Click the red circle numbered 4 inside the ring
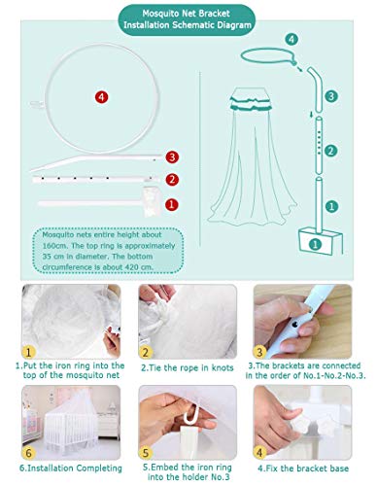(x=102, y=97)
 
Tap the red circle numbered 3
(x=172, y=157)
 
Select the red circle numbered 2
(x=172, y=180)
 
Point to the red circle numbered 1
(x=172, y=204)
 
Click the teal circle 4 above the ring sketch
(x=291, y=39)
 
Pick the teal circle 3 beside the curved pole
(x=331, y=96)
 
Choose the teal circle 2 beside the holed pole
(x=330, y=151)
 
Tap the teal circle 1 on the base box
(x=316, y=244)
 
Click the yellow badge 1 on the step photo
(x=29, y=352)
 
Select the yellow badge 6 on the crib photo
(x=28, y=452)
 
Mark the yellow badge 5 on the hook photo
(x=146, y=452)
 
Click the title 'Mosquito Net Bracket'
(x=187, y=14)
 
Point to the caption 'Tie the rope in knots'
(x=190, y=367)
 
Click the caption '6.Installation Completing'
(x=71, y=469)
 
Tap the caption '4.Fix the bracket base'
(x=303, y=469)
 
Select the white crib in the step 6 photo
(x=71, y=426)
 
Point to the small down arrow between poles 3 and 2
(x=312, y=114)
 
